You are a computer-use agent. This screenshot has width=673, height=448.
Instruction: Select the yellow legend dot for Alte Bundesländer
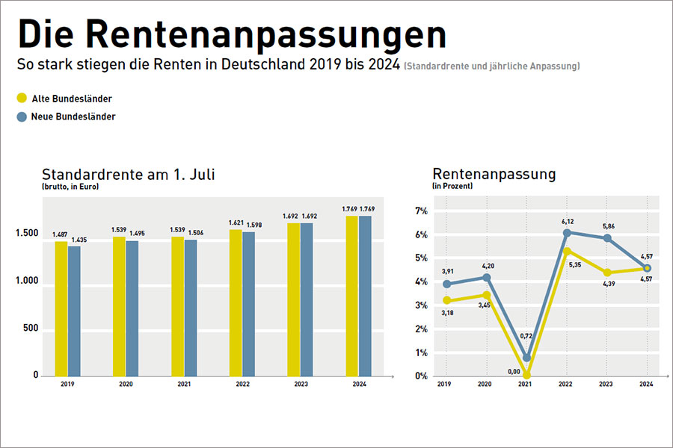tap(22, 98)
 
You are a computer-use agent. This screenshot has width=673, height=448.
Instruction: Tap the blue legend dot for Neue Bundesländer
tap(22, 116)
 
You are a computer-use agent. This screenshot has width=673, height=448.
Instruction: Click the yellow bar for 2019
tap(61, 308)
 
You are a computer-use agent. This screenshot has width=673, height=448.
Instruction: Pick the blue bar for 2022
tap(248, 304)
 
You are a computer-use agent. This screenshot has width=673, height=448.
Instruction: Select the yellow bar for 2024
tap(352, 296)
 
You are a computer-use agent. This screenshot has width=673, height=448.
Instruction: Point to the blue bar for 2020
tap(132, 308)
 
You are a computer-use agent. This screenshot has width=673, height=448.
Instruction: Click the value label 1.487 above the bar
tap(60, 234)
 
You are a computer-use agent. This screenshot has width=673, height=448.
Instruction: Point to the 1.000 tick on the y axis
tap(25, 281)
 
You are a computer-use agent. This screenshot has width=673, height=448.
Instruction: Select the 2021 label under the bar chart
tap(184, 385)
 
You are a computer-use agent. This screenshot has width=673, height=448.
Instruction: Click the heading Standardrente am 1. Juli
tap(129, 175)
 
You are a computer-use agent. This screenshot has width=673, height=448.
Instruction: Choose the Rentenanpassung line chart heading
tap(494, 174)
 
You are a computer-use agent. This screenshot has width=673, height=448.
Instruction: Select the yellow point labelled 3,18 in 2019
tap(446, 300)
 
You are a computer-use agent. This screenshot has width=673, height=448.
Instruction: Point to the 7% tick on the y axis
tap(420, 211)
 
